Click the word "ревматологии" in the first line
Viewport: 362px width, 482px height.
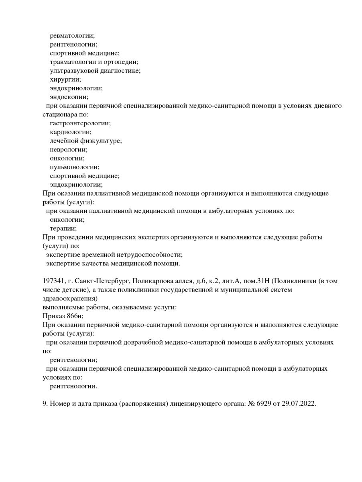point(72,36)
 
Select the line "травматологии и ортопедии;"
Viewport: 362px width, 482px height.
point(94,62)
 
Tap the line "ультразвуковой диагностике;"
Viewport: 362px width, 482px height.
point(95,71)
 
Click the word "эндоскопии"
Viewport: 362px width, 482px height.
point(68,97)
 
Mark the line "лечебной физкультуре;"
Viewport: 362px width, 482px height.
point(86,141)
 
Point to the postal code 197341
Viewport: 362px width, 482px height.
point(53,281)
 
